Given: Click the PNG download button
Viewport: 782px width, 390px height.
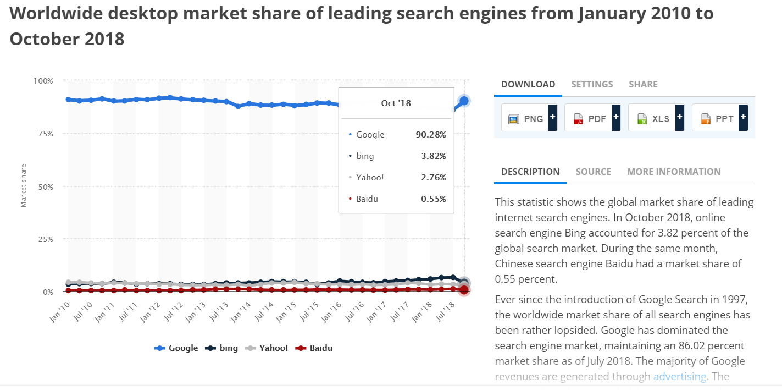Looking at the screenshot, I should click(529, 118).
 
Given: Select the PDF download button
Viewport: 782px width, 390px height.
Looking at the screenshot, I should click(592, 118).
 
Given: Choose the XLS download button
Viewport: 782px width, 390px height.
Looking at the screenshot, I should click(656, 118).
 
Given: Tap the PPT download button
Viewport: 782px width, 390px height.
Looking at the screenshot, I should click(719, 118).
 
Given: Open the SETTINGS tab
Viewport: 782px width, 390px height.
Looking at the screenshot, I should click(592, 84).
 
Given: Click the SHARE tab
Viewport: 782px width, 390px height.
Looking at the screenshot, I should click(643, 84).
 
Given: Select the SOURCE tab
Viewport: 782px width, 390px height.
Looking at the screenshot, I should click(593, 172).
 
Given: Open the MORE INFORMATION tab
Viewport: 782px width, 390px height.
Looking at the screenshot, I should click(674, 172).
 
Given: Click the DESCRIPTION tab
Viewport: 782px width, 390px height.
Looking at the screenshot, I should click(530, 172).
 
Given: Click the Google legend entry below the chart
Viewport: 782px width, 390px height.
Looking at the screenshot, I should click(176, 348).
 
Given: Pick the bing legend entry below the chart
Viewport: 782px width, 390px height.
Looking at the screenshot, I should click(222, 348).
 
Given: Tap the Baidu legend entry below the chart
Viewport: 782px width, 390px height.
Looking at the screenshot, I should click(314, 348).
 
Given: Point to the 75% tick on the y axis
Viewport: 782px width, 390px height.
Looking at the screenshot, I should click(45, 134).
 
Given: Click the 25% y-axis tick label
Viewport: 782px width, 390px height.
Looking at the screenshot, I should click(45, 239).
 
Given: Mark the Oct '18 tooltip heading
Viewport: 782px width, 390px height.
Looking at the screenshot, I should click(396, 103).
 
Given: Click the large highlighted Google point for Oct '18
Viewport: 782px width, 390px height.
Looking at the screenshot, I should click(464, 101).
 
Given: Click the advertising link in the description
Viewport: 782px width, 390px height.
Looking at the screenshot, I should click(679, 376).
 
